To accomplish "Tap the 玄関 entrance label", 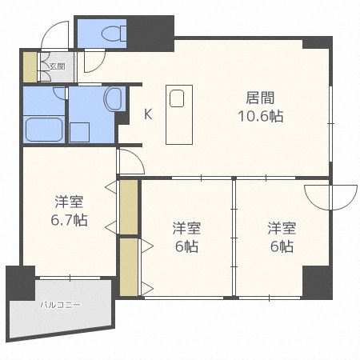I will (x=57, y=66).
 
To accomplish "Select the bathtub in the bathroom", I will (x=43, y=129).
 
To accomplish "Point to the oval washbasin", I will (x=113, y=100).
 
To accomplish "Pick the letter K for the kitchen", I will (x=147, y=114).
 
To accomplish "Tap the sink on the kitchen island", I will (x=178, y=98).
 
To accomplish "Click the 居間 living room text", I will (x=259, y=98).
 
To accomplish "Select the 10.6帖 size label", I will (x=261, y=116).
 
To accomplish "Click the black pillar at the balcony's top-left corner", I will (x=21, y=282).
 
